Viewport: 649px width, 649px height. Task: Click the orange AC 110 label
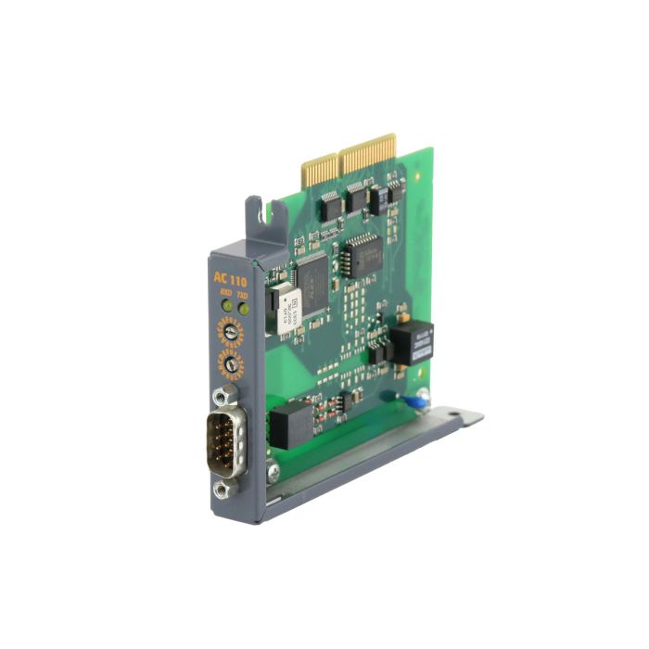pos(230,277)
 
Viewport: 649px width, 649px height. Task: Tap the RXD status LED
pos(224,299)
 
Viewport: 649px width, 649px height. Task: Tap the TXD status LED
pos(242,299)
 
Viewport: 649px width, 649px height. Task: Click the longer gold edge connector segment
pos(368,153)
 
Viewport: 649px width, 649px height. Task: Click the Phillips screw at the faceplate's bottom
pos(274,473)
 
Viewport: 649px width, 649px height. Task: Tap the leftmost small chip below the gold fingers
pos(330,206)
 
